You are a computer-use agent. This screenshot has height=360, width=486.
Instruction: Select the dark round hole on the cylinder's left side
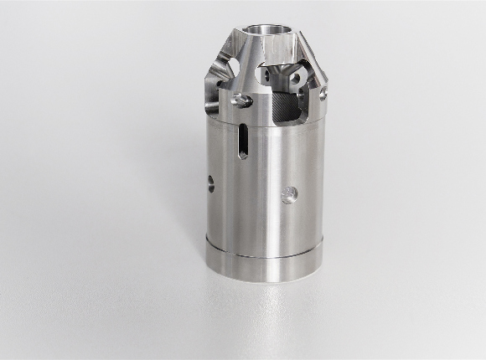pos(211,184)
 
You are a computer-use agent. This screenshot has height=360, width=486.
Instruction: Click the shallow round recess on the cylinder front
pos(289,194)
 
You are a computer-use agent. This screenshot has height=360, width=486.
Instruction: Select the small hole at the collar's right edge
pos(322,95)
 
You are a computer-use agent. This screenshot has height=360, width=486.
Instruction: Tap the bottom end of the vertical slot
pos(242,155)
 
